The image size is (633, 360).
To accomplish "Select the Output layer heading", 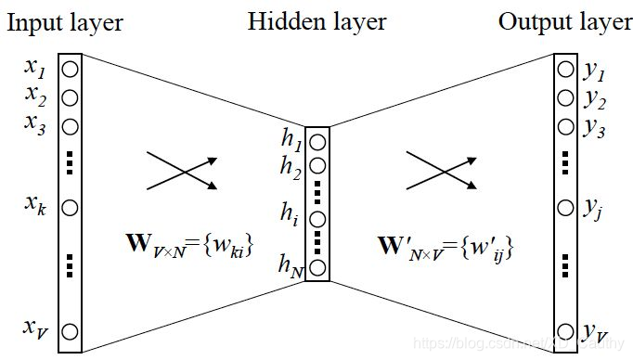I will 564,22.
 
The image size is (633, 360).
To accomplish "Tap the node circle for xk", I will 71,207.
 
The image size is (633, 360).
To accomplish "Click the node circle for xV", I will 71,328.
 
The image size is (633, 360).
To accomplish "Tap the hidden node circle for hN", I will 317,269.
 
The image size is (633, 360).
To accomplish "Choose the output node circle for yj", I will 566,207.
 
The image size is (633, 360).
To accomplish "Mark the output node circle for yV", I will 566,328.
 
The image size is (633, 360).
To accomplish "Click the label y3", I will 594,129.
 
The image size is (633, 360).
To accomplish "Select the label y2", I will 594,101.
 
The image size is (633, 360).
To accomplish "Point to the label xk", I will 37,207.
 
